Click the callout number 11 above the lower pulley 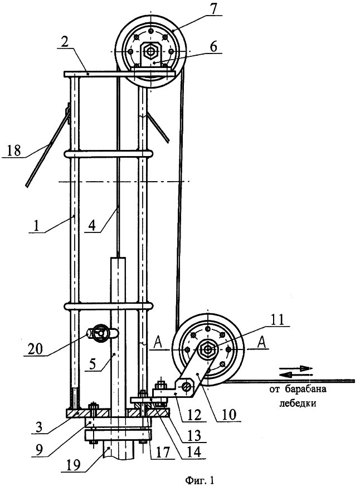pos(278,319)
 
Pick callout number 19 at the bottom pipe pos(74,464)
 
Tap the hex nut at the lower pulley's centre pos(207,349)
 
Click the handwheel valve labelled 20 pos(101,333)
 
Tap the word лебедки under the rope pos(298,404)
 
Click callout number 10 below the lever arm pos(230,415)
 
